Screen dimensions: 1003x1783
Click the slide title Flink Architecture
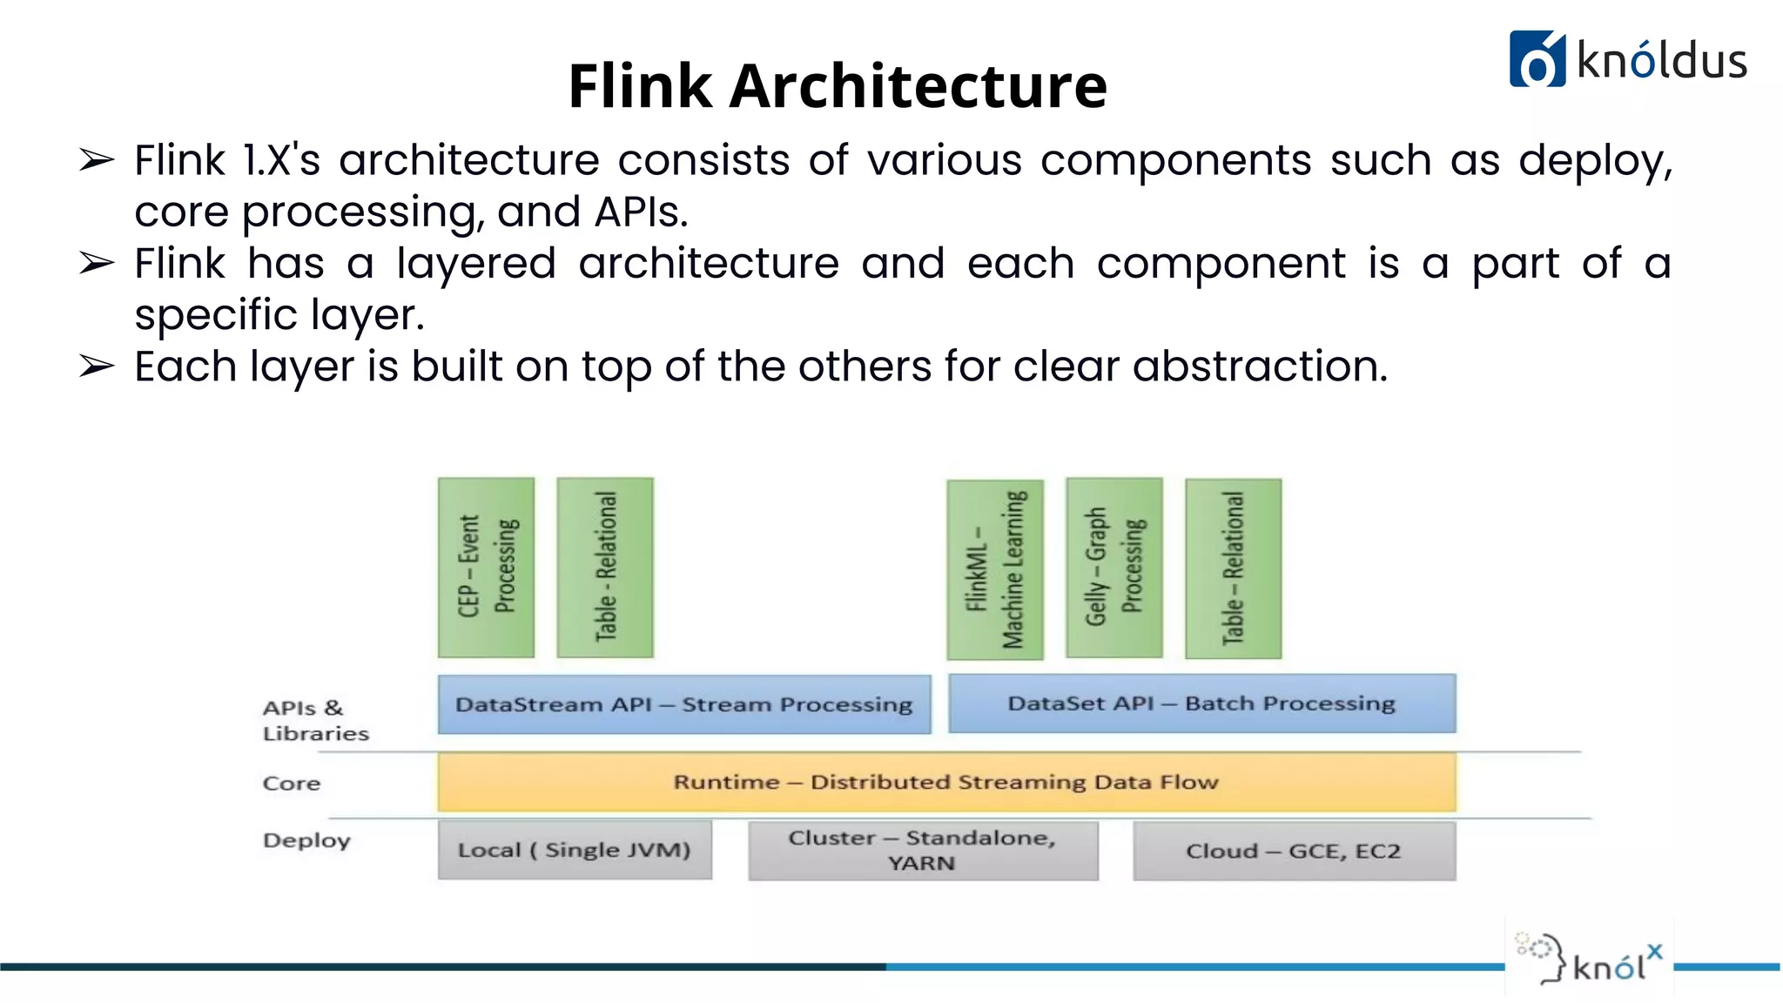pyautogui.click(x=837, y=86)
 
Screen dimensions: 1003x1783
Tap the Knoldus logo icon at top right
pyautogui.click(x=1537, y=59)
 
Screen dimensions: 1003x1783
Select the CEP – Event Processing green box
pyautogui.click(x=486, y=567)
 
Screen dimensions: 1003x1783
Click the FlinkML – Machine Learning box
pyautogui.click(x=995, y=569)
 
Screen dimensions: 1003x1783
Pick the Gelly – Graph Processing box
pyautogui.click(x=1114, y=568)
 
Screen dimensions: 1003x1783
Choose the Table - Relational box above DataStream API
pyautogui.click(x=605, y=567)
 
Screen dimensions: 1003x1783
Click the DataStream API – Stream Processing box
pyautogui.click(x=683, y=704)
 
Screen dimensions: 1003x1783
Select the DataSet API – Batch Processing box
pyautogui.click(x=1201, y=703)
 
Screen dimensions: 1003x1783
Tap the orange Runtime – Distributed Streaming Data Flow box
pyautogui.click(x=946, y=782)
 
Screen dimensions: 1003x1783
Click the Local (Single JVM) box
pyautogui.click(x=575, y=850)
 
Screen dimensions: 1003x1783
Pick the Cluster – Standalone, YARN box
pyautogui.click(x=923, y=851)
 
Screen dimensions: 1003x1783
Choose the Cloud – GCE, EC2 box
pyautogui.click(x=1294, y=851)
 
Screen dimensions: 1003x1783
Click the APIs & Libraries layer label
pyautogui.click(x=314, y=720)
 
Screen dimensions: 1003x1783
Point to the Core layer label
pyautogui.click(x=292, y=784)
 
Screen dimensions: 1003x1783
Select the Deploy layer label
pyautogui.click(x=306, y=841)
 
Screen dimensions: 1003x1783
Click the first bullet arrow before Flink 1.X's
pyautogui.click(x=96, y=160)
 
